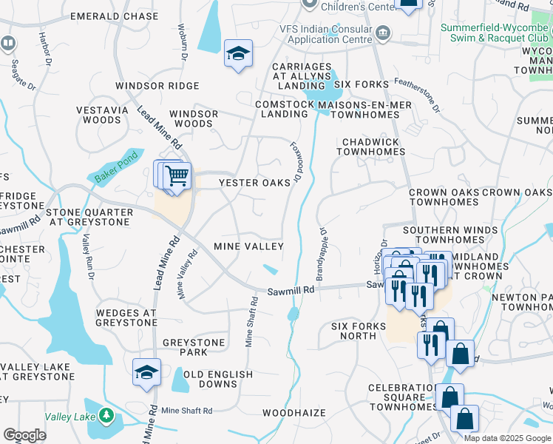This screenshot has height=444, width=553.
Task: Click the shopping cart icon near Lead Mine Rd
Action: click(177, 177)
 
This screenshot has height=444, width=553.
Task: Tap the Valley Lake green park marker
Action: click(108, 417)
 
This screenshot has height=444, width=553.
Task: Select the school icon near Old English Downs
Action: click(146, 373)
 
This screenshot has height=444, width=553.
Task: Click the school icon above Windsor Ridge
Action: click(238, 54)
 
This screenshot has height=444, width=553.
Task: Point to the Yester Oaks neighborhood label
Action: click(254, 183)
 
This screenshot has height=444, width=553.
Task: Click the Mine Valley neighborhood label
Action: click(248, 246)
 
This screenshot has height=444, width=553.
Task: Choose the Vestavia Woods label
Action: click(98, 115)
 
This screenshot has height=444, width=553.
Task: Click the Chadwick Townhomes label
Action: click(370, 147)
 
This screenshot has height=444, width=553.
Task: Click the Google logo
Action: click(25, 434)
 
